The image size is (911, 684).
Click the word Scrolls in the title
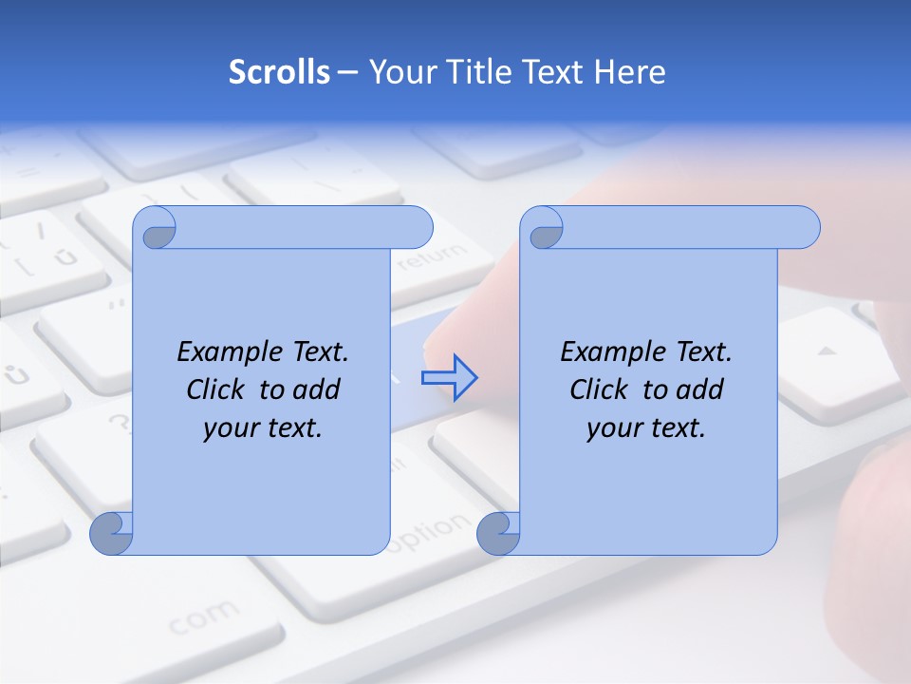279,72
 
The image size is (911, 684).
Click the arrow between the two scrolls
449,377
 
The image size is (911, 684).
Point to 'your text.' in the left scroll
263,428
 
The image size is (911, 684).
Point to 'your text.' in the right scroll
646,428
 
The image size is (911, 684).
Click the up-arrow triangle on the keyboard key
827,351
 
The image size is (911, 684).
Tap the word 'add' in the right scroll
701,389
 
